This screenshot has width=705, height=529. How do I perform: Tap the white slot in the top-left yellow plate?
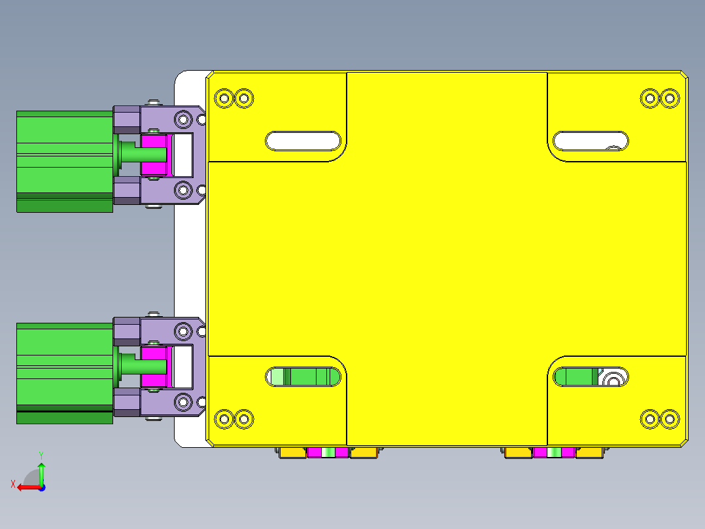[303, 141]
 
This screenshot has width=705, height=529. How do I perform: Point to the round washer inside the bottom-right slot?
[614, 378]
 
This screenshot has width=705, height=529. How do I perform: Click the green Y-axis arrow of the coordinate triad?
[41, 470]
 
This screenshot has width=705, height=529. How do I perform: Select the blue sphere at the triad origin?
[42, 487]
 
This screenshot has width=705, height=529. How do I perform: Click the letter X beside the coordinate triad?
[12, 484]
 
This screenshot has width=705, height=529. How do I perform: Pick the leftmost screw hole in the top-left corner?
[224, 98]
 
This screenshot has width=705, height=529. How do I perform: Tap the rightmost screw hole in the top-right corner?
[670, 99]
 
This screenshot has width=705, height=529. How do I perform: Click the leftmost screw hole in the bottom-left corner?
[224, 418]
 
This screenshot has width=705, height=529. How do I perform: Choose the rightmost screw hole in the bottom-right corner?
[670, 418]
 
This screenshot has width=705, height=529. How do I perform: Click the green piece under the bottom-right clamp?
[555, 452]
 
